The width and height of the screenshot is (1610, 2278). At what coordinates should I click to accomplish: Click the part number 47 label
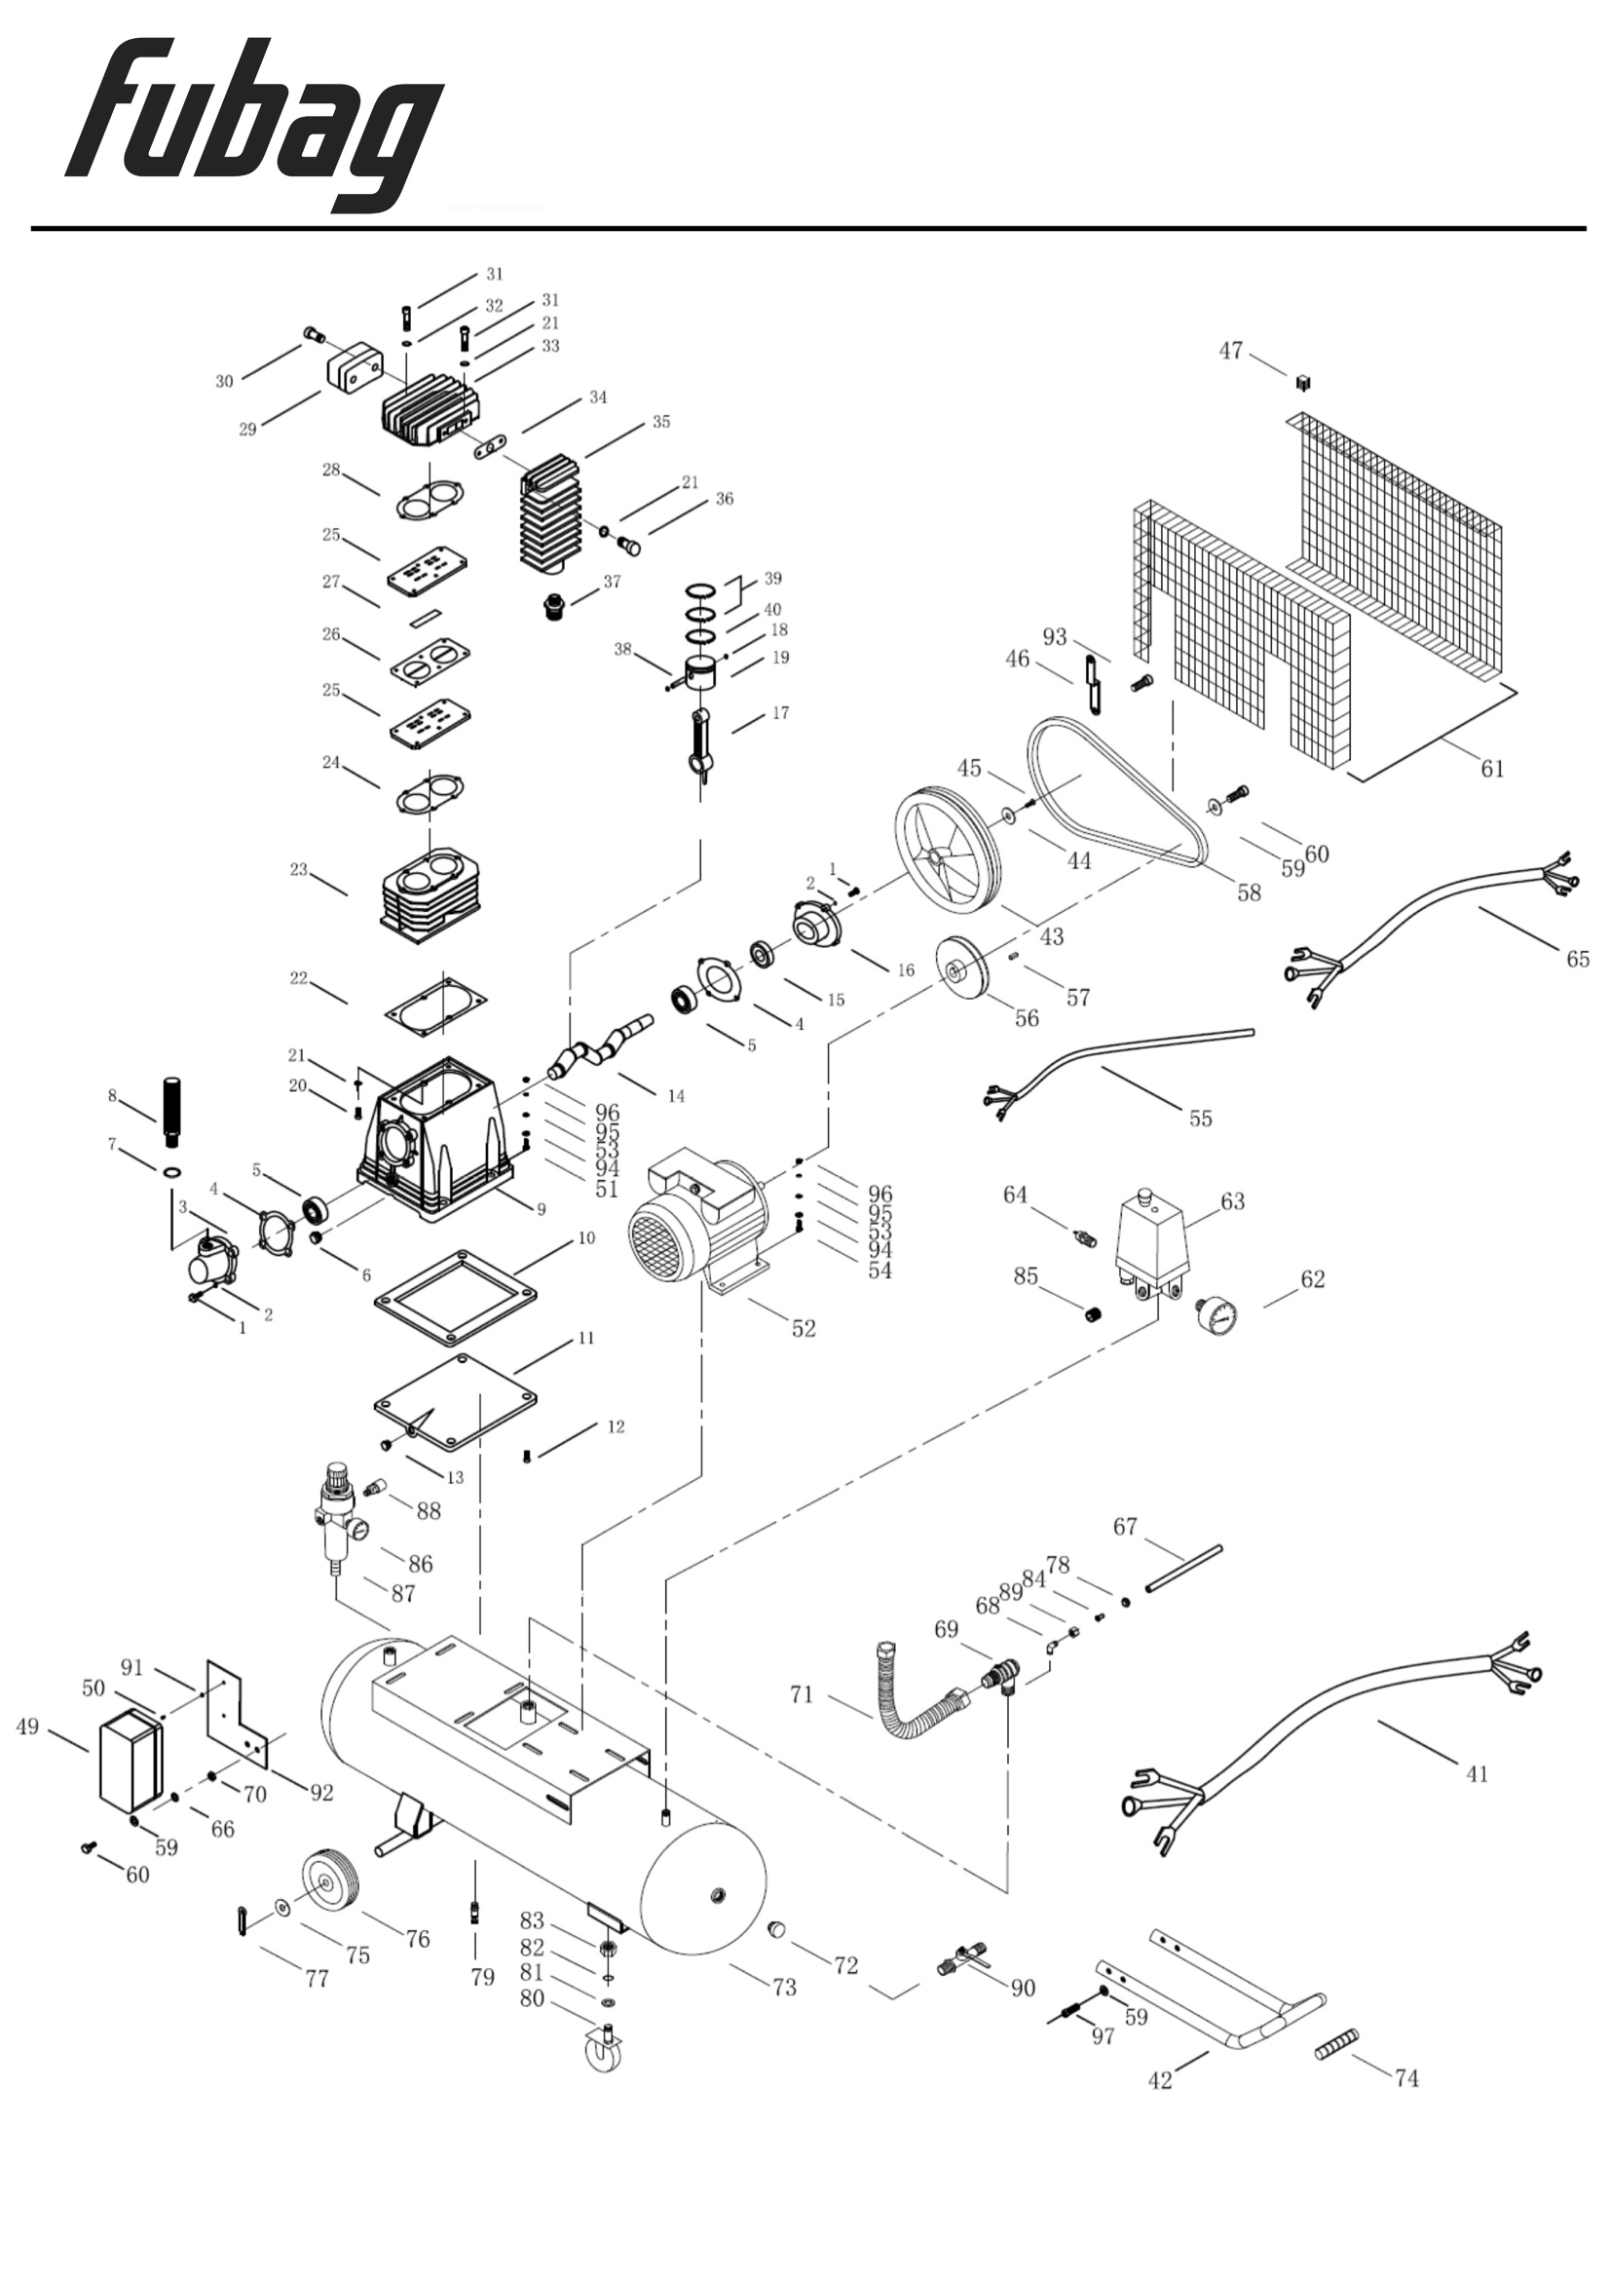(x=1230, y=351)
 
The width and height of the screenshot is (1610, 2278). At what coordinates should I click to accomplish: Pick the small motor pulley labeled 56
(x=962, y=968)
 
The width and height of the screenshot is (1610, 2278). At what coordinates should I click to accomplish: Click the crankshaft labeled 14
(x=601, y=1047)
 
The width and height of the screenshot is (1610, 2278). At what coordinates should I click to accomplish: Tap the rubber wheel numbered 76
(x=329, y=1881)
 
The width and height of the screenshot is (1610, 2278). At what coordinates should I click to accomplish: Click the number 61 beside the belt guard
(x=1492, y=768)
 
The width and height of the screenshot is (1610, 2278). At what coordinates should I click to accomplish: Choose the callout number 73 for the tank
(x=785, y=1988)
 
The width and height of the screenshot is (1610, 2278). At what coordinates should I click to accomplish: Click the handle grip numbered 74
(x=1336, y=2044)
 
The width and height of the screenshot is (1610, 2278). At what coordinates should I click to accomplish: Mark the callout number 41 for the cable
(x=1478, y=1773)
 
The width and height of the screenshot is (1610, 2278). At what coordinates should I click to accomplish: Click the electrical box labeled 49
(x=130, y=1761)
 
